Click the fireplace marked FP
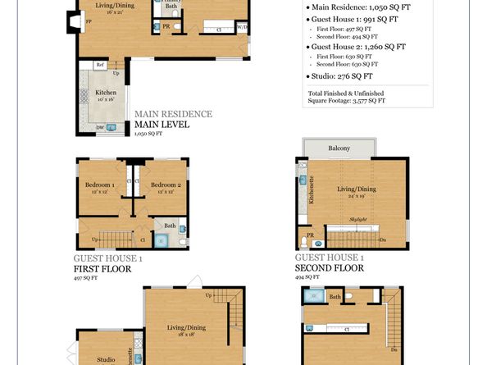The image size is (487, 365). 67,22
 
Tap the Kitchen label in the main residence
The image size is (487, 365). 106,93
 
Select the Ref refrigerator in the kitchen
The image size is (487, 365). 99,65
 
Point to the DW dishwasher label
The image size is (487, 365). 99,127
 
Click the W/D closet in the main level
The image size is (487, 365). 243,27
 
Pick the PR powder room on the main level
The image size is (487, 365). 166,26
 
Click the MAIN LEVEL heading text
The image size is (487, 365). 162,125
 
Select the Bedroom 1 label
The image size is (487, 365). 99,185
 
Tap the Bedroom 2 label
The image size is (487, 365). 165,185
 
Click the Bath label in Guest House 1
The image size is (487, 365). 170,225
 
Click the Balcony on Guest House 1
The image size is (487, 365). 340,148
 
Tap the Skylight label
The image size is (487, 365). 357,219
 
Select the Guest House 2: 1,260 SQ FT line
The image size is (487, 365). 359,47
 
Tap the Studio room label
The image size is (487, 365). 106,359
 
